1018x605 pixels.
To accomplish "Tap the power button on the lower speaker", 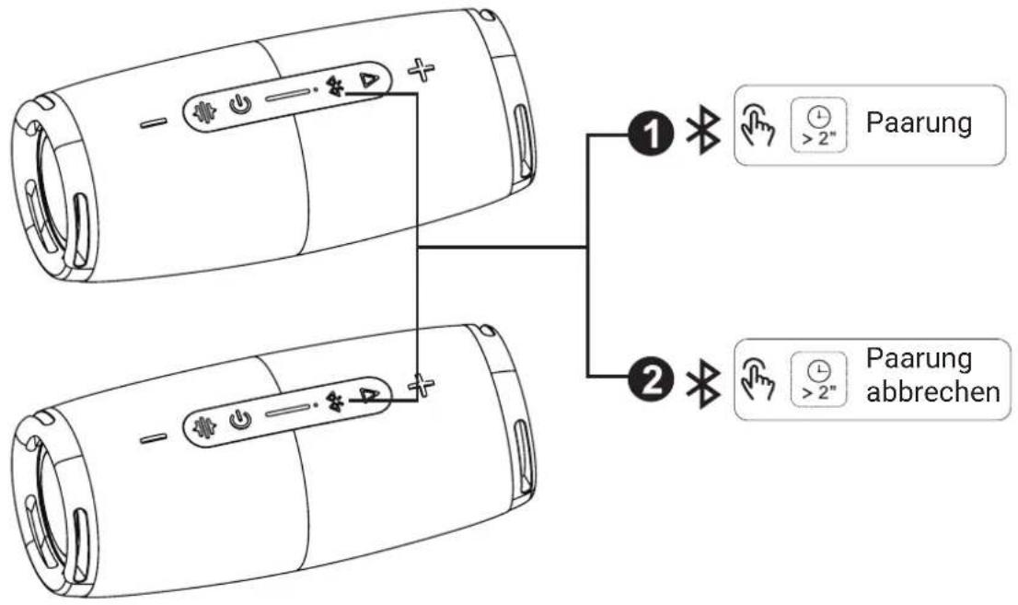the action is tap(240, 420).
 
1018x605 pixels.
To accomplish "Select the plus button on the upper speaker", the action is tap(422, 70).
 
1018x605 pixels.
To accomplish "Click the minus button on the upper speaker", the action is tap(153, 122).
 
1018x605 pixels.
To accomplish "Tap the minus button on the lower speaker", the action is tap(153, 438).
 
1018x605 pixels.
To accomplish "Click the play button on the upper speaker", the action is tap(369, 81).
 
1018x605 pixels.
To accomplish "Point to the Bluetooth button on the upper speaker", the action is tap(336, 87).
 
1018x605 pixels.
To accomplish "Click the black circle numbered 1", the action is tap(651, 135).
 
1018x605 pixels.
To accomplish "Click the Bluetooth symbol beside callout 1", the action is tap(703, 131).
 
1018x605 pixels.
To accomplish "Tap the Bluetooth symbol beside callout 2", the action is tap(703, 383).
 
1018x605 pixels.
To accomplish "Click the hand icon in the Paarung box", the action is tap(757, 124).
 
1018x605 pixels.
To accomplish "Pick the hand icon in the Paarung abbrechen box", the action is tap(757, 378).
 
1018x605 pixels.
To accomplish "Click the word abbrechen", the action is tap(933, 392).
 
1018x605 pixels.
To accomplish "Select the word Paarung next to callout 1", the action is tap(920, 122).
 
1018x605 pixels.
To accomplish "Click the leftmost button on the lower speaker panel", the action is tap(205, 427).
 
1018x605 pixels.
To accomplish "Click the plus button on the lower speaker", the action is tap(422, 385).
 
